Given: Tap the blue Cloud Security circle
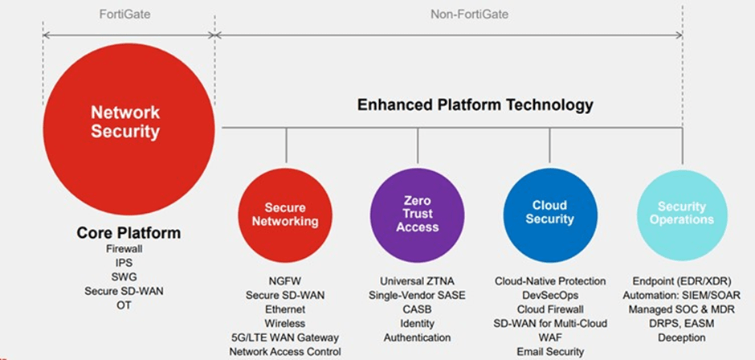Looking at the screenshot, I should pyautogui.click(x=550, y=212).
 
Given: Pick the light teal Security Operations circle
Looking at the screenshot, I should pyautogui.click(x=682, y=212).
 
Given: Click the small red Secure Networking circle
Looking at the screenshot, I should pyautogui.click(x=286, y=213).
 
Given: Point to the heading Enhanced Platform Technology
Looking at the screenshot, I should pyautogui.click(x=475, y=105).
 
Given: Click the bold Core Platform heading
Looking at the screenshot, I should pyautogui.click(x=129, y=233).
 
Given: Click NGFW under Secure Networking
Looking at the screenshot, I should pyautogui.click(x=285, y=281).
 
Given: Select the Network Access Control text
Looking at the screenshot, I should pyautogui.click(x=285, y=351).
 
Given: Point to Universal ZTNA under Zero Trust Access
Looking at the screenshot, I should pyautogui.click(x=417, y=281).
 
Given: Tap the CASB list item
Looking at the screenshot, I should pyautogui.click(x=417, y=309).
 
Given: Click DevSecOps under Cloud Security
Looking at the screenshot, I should pyautogui.click(x=550, y=295).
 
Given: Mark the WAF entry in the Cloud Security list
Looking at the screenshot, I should pyautogui.click(x=550, y=337).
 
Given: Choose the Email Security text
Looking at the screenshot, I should pyautogui.click(x=550, y=351).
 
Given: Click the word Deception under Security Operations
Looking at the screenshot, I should pyautogui.click(x=682, y=337).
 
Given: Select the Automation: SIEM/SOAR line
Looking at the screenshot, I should pyautogui.click(x=682, y=295).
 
